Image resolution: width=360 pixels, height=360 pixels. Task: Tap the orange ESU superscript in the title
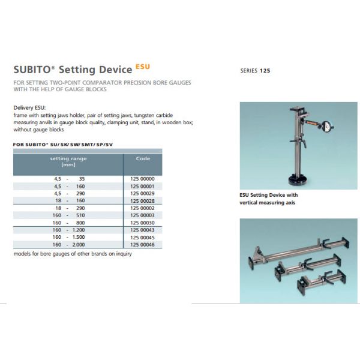[142, 66]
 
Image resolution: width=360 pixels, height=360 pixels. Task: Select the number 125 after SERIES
[265, 71]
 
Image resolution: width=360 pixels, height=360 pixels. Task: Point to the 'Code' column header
[143, 159]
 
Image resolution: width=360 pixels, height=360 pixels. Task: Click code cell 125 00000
[142, 179]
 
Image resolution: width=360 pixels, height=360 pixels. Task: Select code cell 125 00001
[142, 186]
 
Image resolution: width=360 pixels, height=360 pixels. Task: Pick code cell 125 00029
[142, 193]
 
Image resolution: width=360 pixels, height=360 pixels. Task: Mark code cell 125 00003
[142, 215]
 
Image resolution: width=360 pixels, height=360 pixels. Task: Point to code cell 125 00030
[142, 222]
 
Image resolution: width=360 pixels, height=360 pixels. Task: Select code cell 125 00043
[142, 230]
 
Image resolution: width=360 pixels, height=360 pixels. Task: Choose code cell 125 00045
[142, 237]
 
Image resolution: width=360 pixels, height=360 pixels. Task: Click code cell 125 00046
[142, 244]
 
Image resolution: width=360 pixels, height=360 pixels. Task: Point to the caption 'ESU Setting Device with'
[268, 196]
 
